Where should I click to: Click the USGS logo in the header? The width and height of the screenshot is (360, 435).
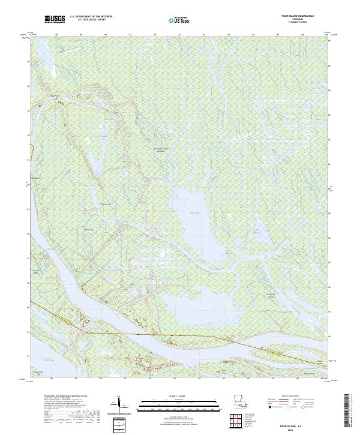click(x=55, y=20)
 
